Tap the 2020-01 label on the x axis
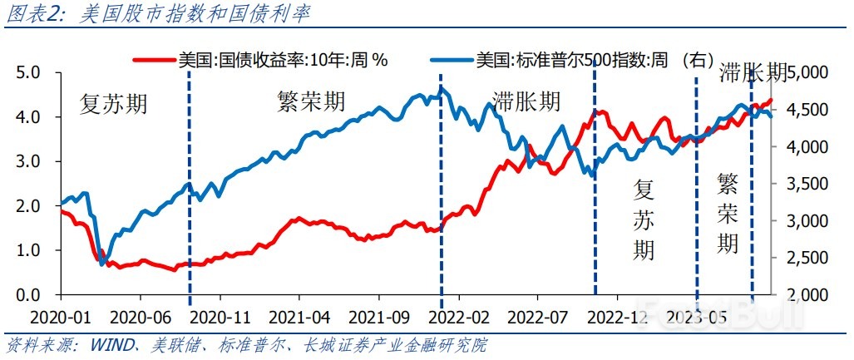tap(60, 317)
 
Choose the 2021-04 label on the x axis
tap(299, 317)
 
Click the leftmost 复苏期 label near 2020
tap(114, 104)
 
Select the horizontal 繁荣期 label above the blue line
tap(310, 101)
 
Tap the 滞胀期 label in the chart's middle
tap(526, 101)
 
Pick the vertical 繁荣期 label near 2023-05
tap(728, 212)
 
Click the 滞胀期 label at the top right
tap(753, 72)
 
